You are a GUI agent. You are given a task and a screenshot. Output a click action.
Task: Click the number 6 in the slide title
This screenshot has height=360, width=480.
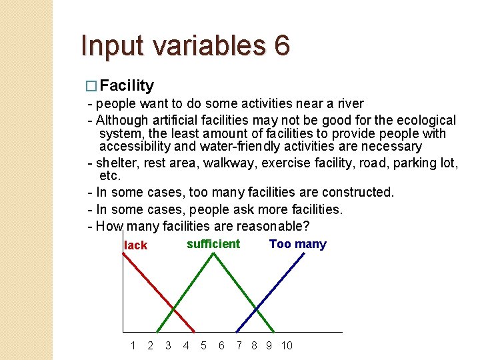[281, 46]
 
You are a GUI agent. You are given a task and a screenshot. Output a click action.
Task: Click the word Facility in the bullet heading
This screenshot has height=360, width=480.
[127, 85]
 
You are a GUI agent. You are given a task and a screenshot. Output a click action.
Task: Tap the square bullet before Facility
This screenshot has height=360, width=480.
[93, 86]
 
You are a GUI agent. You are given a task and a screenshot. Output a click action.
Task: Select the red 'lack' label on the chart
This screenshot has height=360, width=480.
[135, 245]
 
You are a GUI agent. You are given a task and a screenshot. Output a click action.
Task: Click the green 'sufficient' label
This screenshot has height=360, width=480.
[213, 244]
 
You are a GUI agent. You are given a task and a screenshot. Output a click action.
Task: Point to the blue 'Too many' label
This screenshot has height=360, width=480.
[297, 244]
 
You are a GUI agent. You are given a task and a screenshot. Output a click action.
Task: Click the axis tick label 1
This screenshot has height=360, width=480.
[133, 345]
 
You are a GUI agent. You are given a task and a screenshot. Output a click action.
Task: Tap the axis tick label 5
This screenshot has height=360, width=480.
[203, 345]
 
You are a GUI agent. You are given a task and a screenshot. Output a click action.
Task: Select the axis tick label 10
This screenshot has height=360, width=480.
[287, 345]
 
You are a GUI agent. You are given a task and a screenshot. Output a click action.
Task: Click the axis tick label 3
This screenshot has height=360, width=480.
[168, 345]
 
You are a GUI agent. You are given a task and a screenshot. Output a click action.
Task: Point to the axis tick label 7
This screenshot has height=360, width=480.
[239, 345]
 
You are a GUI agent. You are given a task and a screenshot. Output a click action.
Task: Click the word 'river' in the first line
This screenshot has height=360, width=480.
[349, 103]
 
